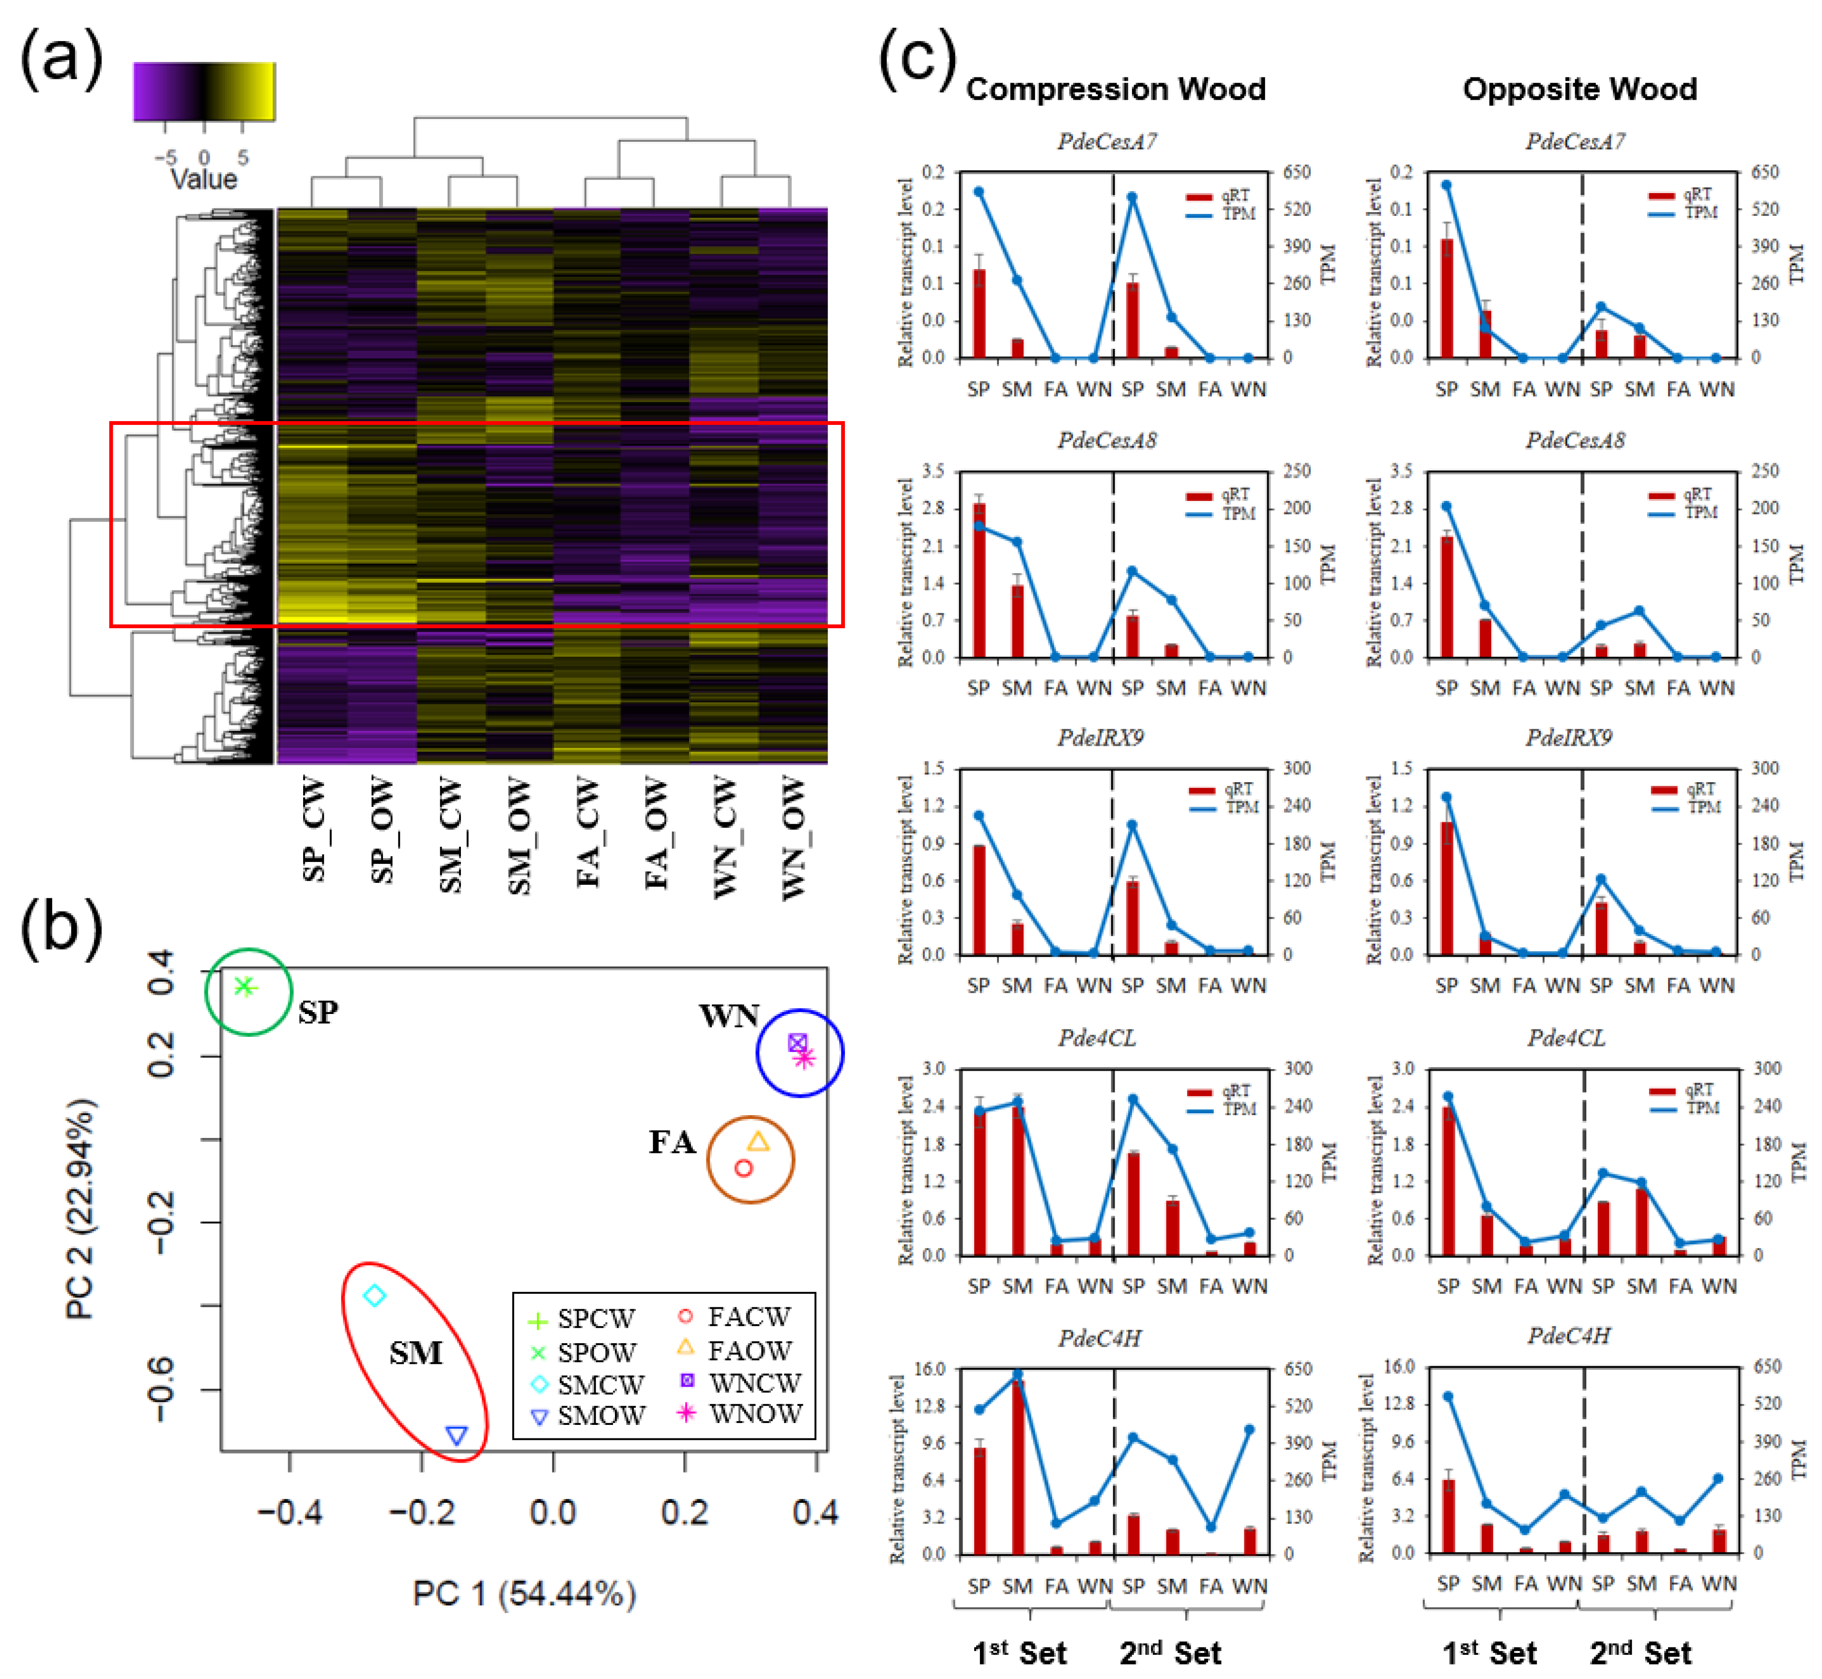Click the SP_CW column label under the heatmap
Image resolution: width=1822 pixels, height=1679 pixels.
pyautogui.click(x=313, y=829)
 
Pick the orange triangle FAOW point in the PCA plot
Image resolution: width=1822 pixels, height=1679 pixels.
pyautogui.click(x=758, y=1142)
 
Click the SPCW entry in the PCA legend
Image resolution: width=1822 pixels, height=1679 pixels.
pyautogui.click(x=595, y=1318)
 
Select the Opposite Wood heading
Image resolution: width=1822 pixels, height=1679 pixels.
pyautogui.click(x=1579, y=89)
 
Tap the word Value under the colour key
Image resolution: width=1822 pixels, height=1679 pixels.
pyautogui.click(x=203, y=179)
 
